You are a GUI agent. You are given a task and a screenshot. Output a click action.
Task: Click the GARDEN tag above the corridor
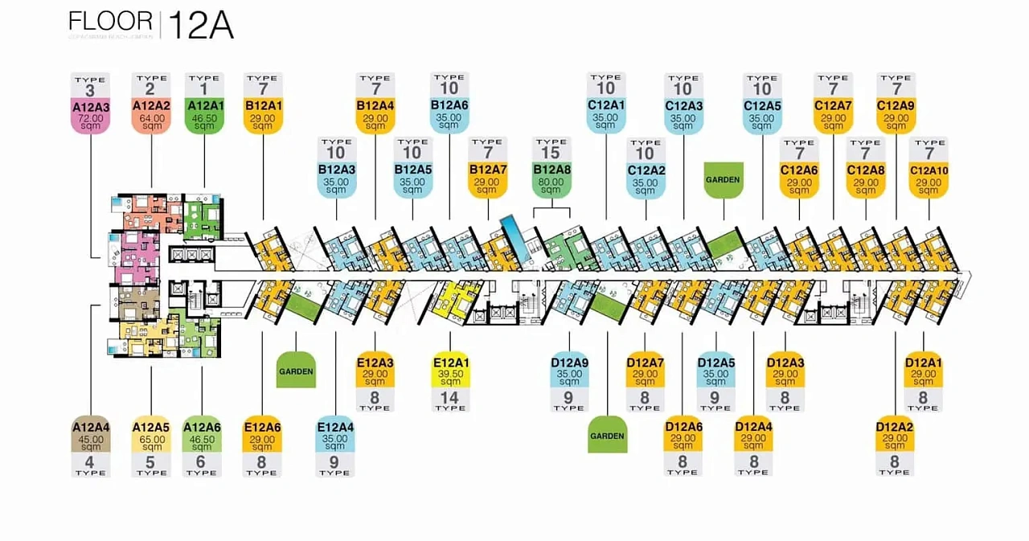(723, 179)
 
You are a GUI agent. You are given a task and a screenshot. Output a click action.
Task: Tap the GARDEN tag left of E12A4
(296, 372)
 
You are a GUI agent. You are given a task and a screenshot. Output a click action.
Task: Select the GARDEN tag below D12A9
(607, 436)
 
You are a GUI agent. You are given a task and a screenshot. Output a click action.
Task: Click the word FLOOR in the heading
(110, 22)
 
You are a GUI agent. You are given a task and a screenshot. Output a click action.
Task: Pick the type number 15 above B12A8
(551, 153)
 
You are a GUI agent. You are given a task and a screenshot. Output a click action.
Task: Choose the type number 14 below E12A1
(450, 397)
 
